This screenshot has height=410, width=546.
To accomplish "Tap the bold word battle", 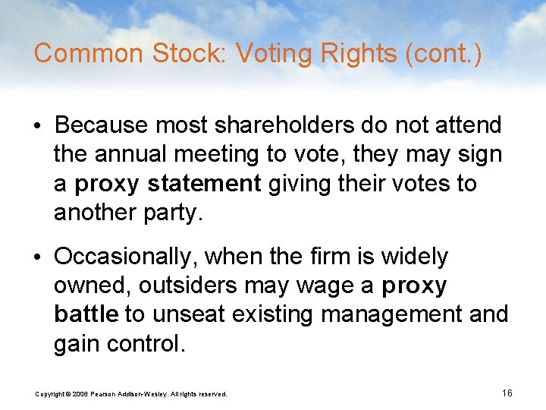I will (86, 314).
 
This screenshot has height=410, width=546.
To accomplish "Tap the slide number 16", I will (507, 393).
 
